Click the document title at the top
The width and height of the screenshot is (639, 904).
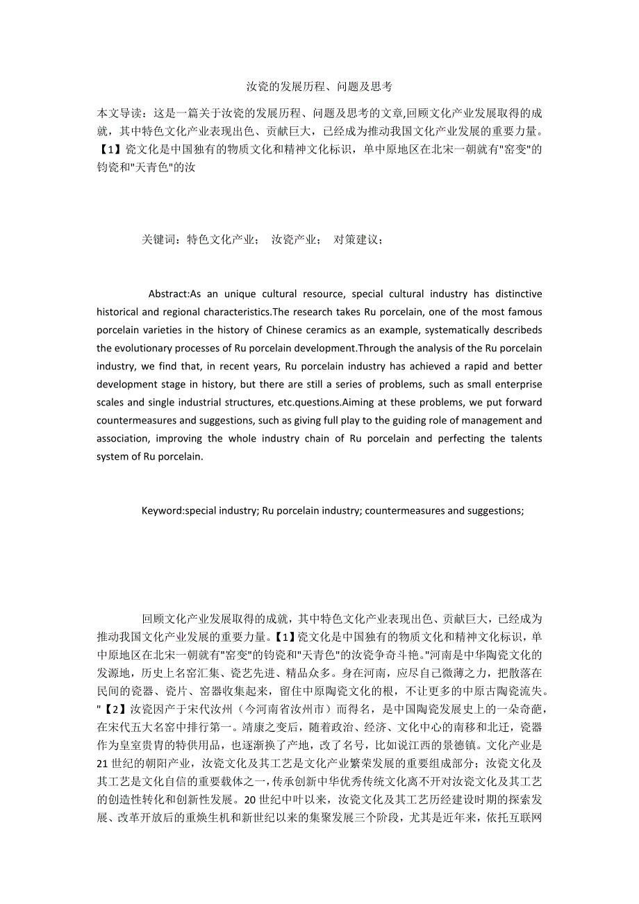point(319,87)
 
